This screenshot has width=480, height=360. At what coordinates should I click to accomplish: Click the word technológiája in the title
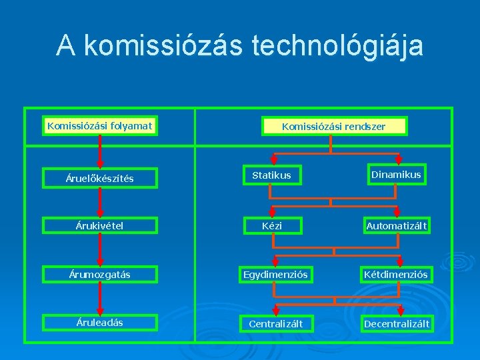click(x=338, y=46)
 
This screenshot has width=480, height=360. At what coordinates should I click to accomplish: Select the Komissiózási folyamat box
click(x=100, y=125)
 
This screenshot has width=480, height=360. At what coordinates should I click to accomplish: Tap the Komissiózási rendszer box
click(x=333, y=126)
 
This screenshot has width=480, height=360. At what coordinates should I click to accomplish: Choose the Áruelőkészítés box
click(x=100, y=178)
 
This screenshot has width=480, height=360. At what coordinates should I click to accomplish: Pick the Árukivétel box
click(x=100, y=225)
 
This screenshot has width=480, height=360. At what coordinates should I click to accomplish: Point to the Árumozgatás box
click(x=100, y=274)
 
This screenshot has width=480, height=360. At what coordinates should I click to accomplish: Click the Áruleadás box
click(x=100, y=323)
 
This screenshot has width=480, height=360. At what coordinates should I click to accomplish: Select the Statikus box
click(x=271, y=175)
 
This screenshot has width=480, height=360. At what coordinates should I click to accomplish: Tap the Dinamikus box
click(x=396, y=175)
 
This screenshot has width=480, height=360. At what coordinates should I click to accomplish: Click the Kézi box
click(x=271, y=226)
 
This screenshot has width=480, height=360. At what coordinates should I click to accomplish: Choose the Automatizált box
click(x=396, y=226)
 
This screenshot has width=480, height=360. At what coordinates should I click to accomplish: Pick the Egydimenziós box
click(x=275, y=274)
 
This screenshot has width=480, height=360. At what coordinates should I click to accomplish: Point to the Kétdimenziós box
click(x=396, y=274)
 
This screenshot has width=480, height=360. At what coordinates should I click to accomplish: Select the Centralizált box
click(x=275, y=324)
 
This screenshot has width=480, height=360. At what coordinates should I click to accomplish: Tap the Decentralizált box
click(x=396, y=324)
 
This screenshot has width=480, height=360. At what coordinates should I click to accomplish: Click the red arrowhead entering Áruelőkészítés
click(x=100, y=163)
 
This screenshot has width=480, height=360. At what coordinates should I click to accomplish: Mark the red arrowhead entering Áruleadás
click(x=100, y=310)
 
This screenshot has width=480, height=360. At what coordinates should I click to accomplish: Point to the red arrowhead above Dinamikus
click(x=399, y=159)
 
